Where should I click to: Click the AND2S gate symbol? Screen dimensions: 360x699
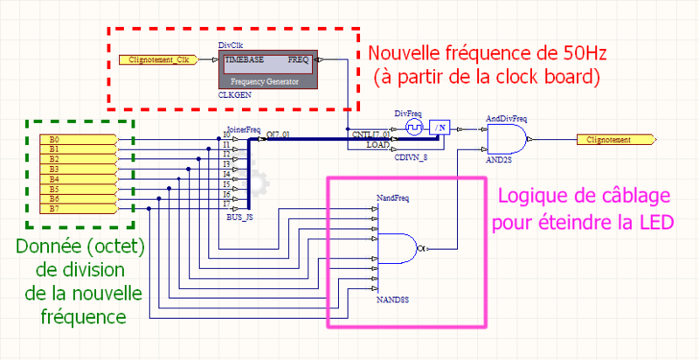pyautogui.click(x=505, y=138)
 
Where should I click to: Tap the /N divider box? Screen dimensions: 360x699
pyautogui.click(x=441, y=128)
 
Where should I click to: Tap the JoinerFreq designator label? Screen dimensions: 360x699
pyautogui.click(x=243, y=129)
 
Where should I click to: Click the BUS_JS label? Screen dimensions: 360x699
pyautogui.click(x=241, y=215)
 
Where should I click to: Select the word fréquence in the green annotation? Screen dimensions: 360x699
pyautogui.click(x=82, y=312)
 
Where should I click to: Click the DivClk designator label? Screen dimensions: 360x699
pyautogui.click(x=229, y=44)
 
